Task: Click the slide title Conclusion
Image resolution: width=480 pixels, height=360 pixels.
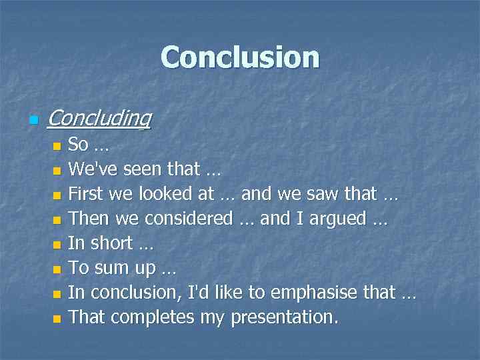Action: (240, 57)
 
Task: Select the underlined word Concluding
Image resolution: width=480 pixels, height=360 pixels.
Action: (99, 118)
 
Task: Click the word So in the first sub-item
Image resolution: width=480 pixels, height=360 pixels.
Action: (79, 145)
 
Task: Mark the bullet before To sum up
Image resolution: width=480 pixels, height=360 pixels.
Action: (57, 270)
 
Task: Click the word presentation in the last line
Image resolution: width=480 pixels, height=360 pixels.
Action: (284, 317)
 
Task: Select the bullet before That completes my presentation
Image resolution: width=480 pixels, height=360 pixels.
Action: (57, 319)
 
